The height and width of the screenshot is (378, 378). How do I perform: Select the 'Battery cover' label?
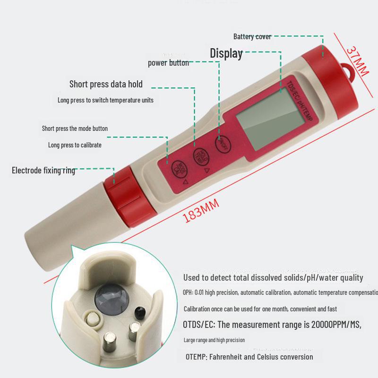pyautogui.click(x=252, y=36)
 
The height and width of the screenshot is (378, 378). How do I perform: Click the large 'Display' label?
pyautogui.click(x=226, y=53)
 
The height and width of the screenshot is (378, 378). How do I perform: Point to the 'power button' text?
pyautogui.click(x=168, y=63)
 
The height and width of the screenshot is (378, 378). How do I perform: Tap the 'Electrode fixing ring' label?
pyautogui.click(x=43, y=170)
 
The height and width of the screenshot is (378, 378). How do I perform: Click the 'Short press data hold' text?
pyautogui.click(x=106, y=84)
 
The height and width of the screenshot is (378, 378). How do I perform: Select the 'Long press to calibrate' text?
pyautogui.click(x=75, y=145)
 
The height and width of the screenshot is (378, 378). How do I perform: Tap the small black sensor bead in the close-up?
pyautogui.click(x=140, y=310)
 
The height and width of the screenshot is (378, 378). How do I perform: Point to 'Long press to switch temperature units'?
pyautogui.click(x=105, y=100)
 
